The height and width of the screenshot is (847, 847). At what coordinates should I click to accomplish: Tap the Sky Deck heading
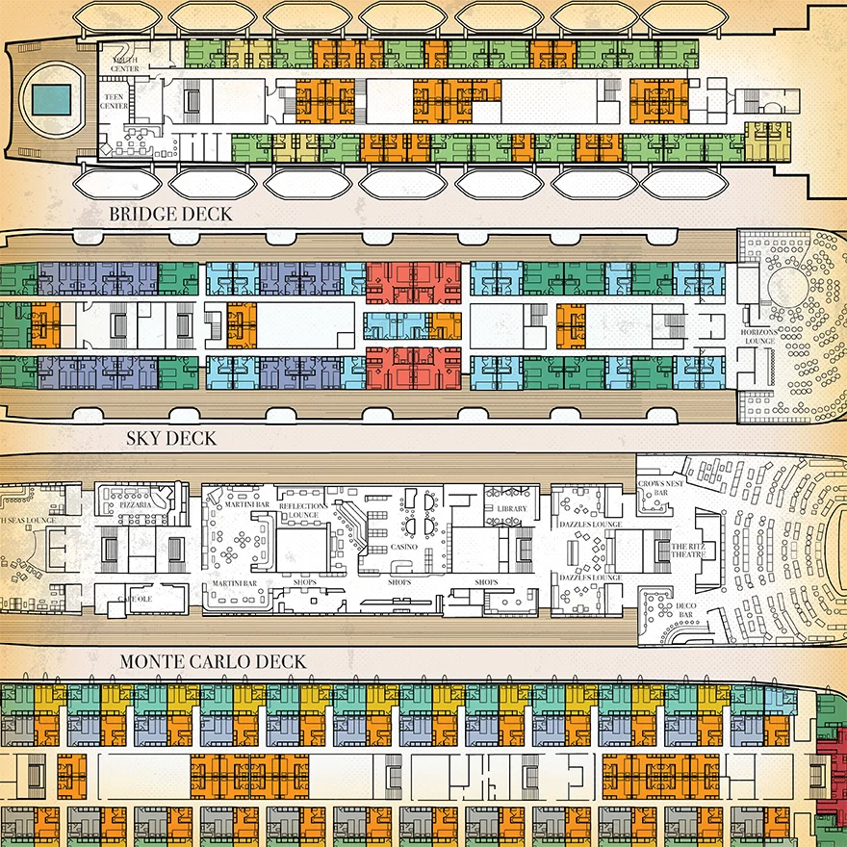point(170,439)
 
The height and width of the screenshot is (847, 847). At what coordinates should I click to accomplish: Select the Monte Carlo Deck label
point(213,662)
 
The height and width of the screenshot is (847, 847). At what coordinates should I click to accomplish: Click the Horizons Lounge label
point(757,336)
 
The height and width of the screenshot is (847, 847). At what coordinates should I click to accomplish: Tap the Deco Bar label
point(685,611)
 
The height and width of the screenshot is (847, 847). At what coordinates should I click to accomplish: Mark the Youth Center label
point(125,65)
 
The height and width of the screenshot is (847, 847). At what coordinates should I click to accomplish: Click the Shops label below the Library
point(487,583)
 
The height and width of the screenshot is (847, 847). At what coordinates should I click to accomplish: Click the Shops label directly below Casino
point(399,582)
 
